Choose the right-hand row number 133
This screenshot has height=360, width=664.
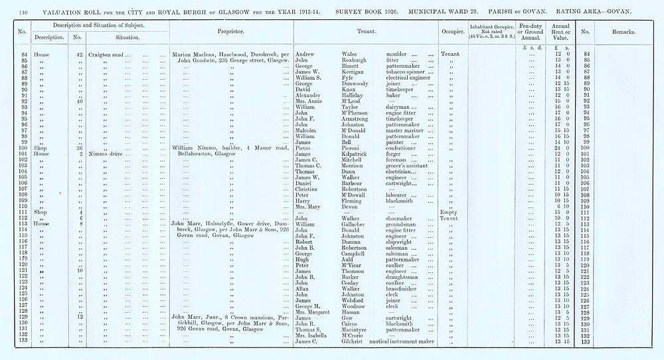coord(585,341)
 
